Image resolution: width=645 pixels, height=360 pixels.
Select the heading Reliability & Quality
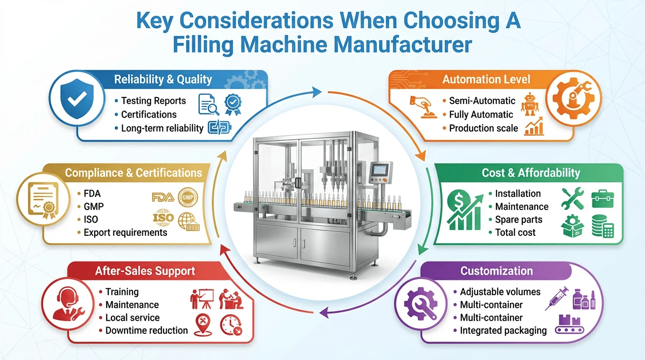[163, 80]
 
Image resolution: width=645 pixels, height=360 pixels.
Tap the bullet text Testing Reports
[153, 101]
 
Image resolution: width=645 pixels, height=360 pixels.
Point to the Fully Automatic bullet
[481, 114]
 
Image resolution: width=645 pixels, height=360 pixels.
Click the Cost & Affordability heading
[531, 173]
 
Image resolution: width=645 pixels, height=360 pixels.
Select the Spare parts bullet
[518, 219]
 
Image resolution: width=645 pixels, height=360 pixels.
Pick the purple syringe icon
[557, 299]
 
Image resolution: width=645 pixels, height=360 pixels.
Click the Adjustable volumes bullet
[500, 292]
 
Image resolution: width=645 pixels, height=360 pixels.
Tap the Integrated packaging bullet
[503, 330]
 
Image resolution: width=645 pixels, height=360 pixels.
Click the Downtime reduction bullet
[146, 330]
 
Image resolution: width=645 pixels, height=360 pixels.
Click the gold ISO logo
[163, 217]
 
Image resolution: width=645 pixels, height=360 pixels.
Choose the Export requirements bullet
[125, 232]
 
